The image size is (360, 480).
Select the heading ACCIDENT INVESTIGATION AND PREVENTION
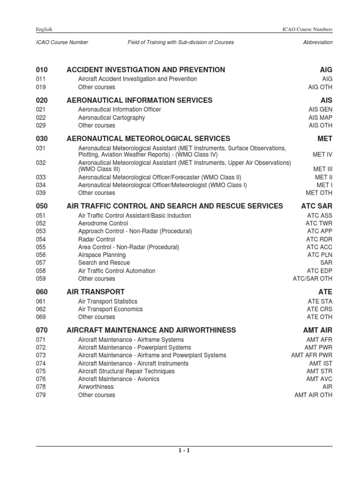146,70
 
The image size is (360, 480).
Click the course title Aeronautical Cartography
112,118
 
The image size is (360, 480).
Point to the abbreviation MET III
322,169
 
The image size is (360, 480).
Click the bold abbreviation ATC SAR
316,206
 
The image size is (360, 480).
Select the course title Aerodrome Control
103,224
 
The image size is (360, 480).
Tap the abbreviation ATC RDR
319,240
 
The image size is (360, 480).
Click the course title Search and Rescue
104,263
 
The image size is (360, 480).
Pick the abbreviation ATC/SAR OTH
312,279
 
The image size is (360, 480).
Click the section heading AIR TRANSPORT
96,292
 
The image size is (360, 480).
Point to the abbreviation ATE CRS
319,309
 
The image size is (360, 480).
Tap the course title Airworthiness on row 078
96,387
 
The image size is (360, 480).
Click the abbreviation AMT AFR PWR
312,355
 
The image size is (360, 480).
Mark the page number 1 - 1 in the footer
184,451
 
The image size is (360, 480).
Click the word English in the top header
44,30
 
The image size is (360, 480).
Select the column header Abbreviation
318,42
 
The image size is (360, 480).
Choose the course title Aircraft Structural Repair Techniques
126,371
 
